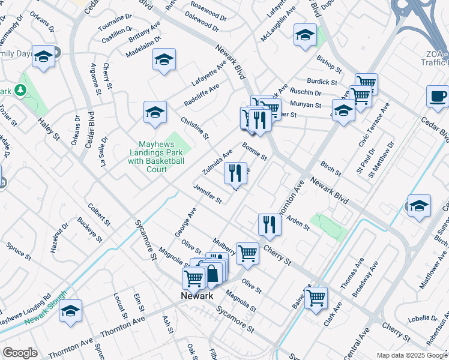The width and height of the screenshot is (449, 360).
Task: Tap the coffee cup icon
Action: pos(437,97)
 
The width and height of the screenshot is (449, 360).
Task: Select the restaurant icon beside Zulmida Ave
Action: pos(235,174)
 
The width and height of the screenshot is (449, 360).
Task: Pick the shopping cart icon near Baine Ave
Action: pos(316,298)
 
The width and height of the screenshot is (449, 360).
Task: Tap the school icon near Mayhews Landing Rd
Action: pos(70,311)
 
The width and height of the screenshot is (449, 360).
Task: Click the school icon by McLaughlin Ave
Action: pos(305,35)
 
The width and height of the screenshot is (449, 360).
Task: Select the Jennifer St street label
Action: pos(208,194)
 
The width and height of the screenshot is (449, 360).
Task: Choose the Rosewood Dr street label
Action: pos(208,11)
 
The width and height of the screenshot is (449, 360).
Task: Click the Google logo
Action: pos(20,353)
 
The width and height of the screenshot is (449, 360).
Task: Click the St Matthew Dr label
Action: pos(383,159)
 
